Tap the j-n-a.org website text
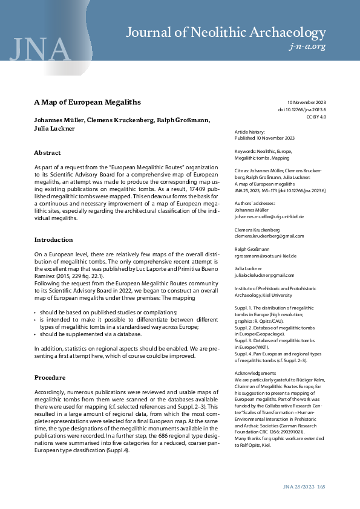click(309, 47)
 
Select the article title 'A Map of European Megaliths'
click(87, 102)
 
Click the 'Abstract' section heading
click(47, 153)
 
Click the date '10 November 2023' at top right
click(306, 103)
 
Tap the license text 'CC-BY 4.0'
click(316, 117)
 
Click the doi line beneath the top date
click(302, 110)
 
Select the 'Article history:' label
click(249, 132)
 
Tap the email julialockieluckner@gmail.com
click(264, 276)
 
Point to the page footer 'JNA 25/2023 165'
click(304, 487)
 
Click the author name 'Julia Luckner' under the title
click(54, 128)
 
